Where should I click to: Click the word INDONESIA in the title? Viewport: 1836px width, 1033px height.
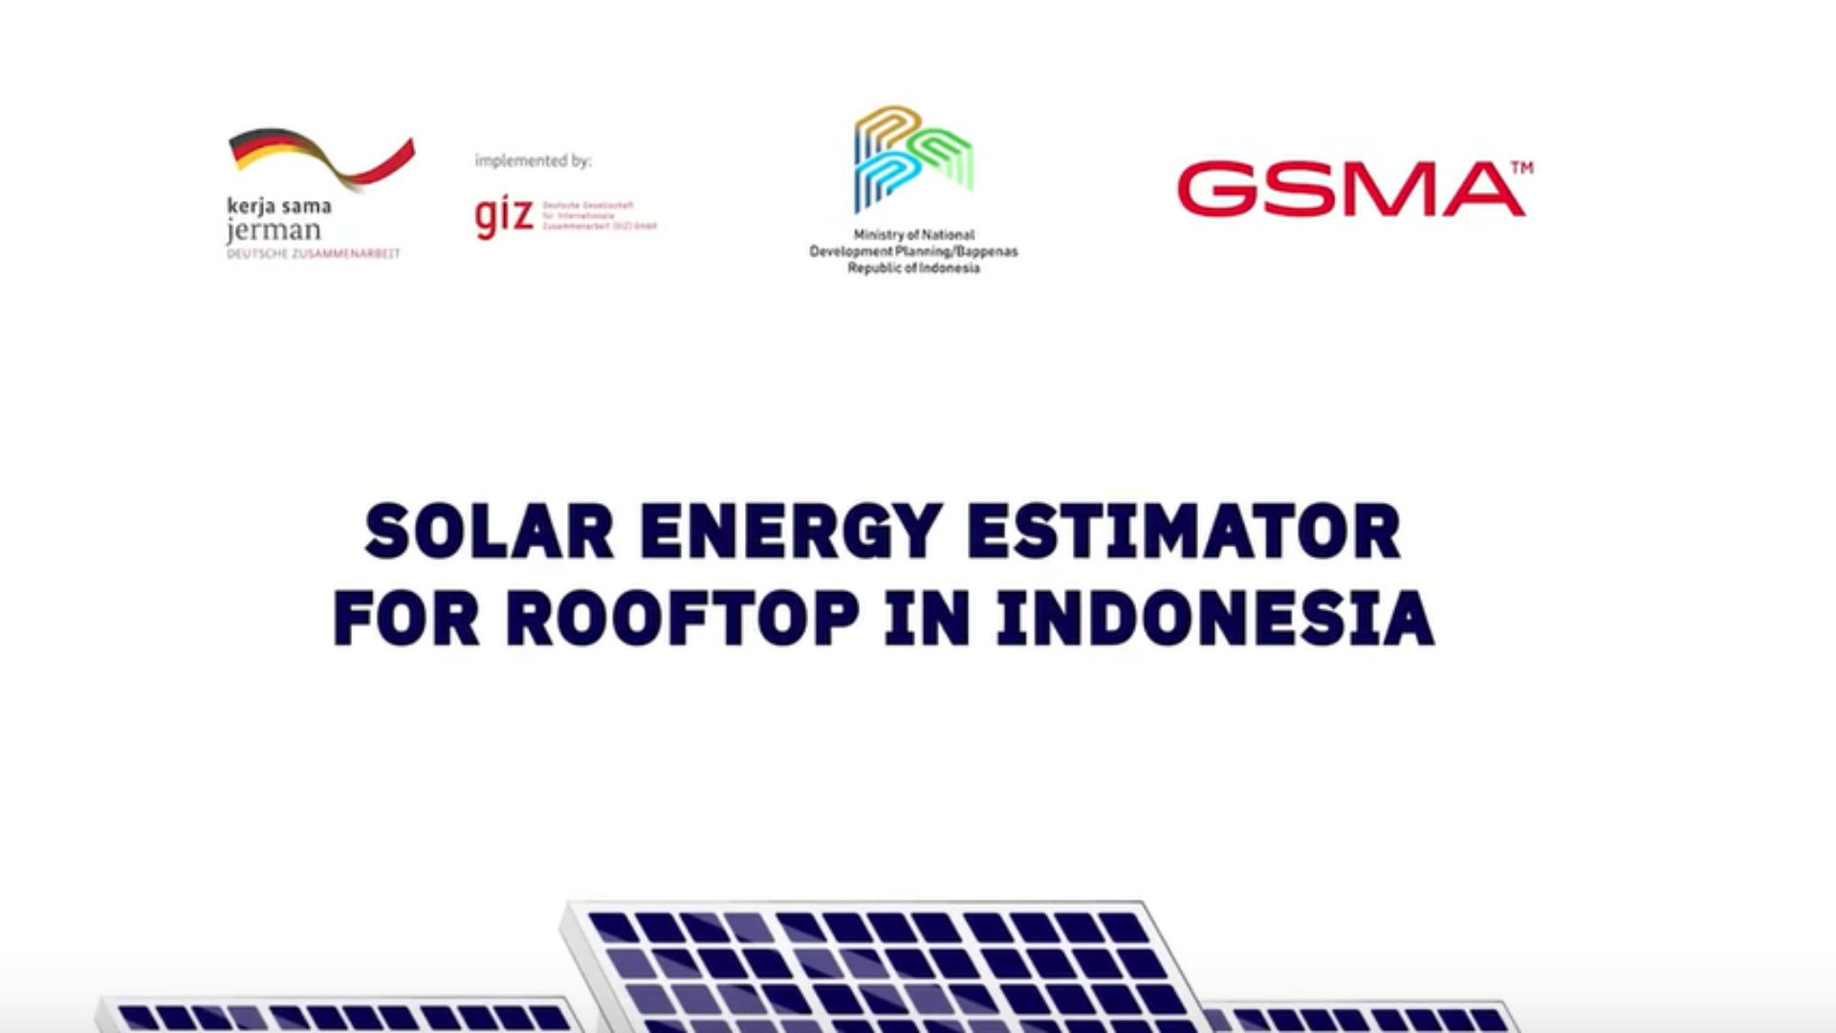pos(1215,619)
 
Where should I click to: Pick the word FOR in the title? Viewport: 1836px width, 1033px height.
pos(406,619)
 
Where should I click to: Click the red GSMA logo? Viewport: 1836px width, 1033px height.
pos(1349,189)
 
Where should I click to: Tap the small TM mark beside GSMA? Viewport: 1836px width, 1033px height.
pos(1521,168)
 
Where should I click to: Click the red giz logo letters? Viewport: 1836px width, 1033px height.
pos(504,218)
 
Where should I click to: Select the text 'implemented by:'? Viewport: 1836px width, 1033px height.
pos(533,161)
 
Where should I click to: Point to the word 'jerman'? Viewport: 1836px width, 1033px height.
pos(274,231)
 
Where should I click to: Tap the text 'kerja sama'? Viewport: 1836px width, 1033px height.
pos(279,206)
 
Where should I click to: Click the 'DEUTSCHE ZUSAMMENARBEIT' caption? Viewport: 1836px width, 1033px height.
pos(314,253)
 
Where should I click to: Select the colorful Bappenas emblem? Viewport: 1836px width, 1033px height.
pos(912,159)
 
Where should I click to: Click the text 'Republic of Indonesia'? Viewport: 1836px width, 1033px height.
pos(913,269)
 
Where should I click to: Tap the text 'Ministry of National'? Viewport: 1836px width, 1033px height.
pos(913,234)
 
